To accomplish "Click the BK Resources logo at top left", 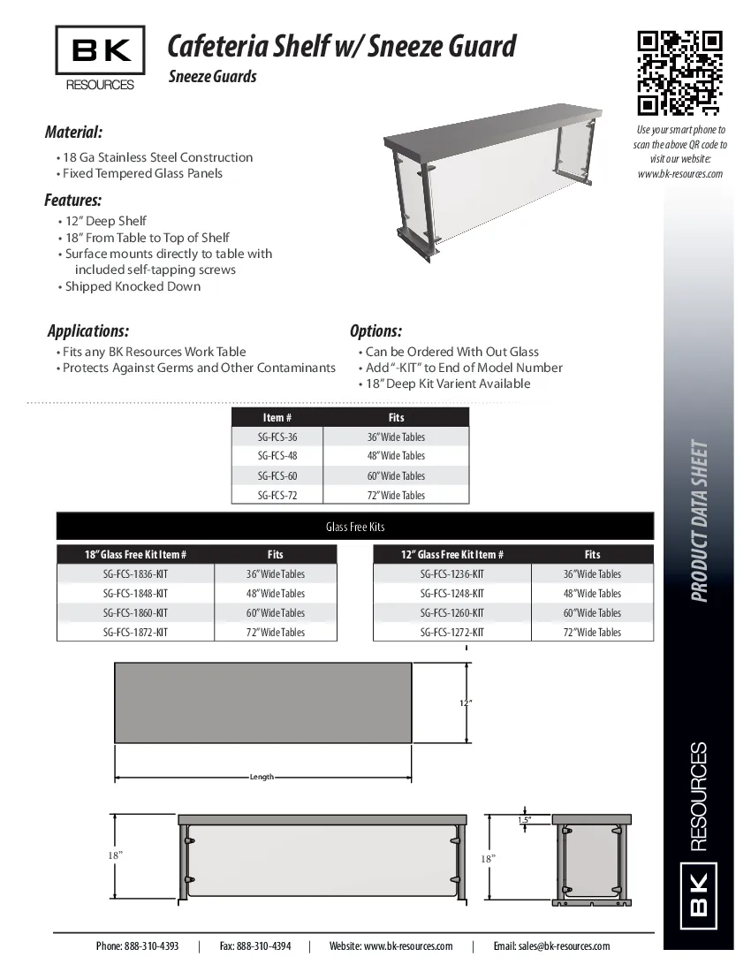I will pos(100,58).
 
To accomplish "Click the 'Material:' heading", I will pos(73,133).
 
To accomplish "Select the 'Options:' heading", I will pos(375,331).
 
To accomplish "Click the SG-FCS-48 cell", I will pos(277,456).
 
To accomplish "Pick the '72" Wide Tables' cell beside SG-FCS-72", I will pos(396,496).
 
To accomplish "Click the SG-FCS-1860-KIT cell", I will pos(135,613).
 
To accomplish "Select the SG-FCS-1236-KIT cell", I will pos(452,574).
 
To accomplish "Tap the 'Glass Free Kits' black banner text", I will pos(355,528).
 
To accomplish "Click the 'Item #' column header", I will pos(277,418).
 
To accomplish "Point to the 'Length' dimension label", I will pos(262,777).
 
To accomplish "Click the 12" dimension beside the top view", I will pos(466,703).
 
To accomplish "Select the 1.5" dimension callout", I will pos(525,821).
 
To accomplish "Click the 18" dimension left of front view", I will pos(115,855).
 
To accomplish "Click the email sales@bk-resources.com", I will pos(551,946).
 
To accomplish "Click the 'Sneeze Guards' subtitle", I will pos(212,77).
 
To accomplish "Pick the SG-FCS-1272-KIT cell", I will pos(452,633).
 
